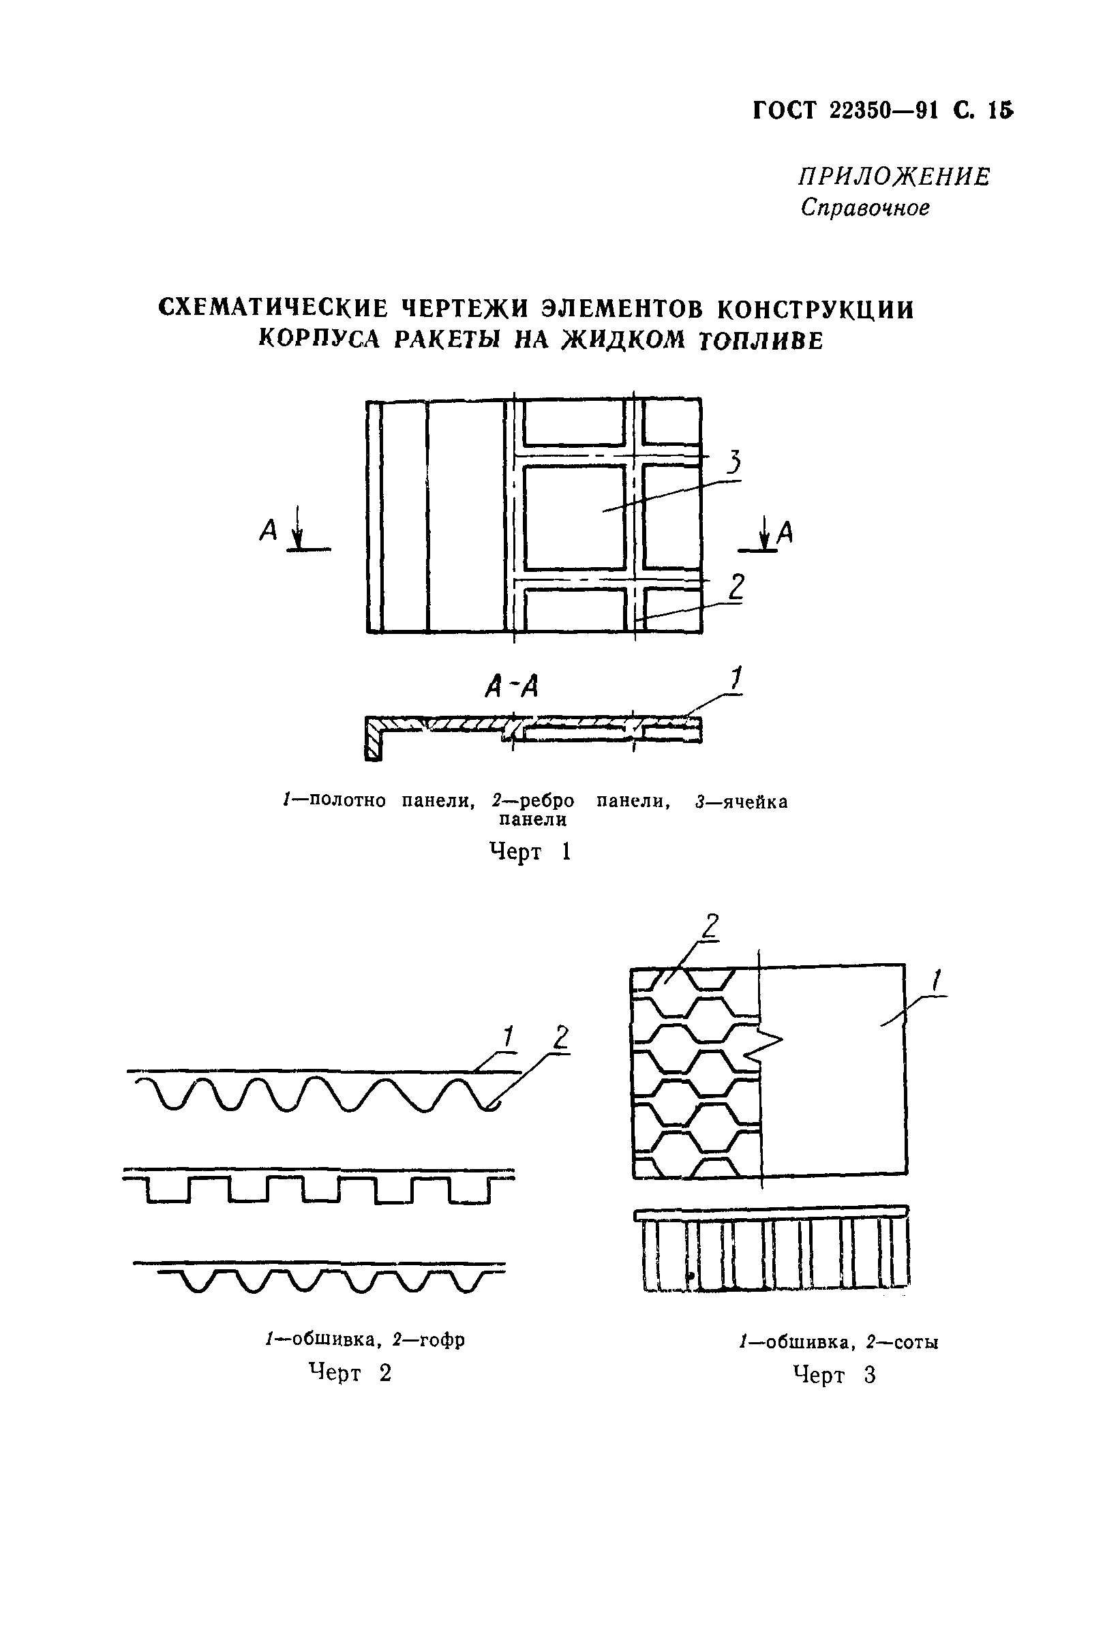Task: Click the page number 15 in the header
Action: point(999,110)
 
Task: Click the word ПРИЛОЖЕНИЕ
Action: point(894,177)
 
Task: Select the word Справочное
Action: point(864,208)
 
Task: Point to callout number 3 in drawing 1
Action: point(733,461)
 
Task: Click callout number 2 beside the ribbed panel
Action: point(736,586)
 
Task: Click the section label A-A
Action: point(512,686)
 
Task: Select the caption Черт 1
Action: point(529,852)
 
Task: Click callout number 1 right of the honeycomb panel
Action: point(936,981)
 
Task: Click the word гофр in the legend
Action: point(442,1339)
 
